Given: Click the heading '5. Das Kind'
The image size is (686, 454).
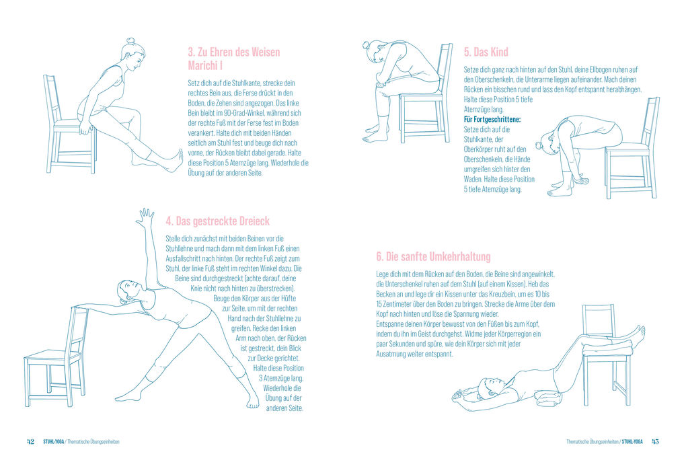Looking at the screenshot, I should pyautogui.click(x=486, y=52).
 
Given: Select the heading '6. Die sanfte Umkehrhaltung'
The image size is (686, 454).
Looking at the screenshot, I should pyautogui.click(x=433, y=256).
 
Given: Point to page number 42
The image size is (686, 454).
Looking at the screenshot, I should pyautogui.click(x=30, y=442).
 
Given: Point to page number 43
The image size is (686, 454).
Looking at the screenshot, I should pyautogui.click(x=655, y=442).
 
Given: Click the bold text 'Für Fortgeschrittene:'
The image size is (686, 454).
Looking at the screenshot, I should pyautogui.click(x=492, y=119).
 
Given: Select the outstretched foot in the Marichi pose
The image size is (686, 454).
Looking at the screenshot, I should pyautogui.click(x=176, y=160).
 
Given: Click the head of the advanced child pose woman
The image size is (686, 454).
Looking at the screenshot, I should pyautogui.click(x=543, y=143).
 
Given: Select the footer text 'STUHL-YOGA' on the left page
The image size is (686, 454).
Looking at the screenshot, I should pyautogui.click(x=52, y=442).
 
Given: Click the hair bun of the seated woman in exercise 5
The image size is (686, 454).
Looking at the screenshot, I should pyautogui.click(x=366, y=46).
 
